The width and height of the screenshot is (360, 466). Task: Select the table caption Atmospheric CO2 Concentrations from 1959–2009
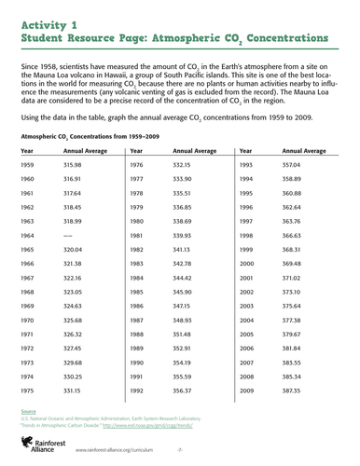(x=86, y=135)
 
